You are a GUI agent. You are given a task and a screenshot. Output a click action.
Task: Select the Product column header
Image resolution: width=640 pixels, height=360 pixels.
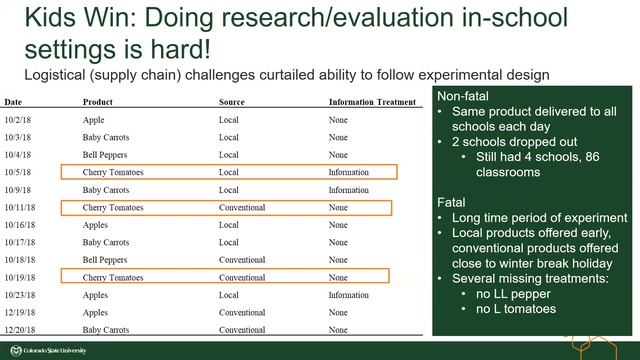[x=98, y=102]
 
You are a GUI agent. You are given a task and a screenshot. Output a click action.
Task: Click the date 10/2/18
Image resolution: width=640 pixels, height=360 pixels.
[x=17, y=120]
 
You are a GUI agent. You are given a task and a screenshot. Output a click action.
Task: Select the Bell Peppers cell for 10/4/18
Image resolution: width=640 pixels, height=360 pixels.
[x=104, y=155]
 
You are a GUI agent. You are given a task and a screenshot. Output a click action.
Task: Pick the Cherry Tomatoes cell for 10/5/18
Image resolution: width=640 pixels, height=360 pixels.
[x=113, y=172]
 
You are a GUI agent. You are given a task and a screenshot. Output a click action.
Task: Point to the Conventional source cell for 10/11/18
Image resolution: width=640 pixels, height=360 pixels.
[x=242, y=208]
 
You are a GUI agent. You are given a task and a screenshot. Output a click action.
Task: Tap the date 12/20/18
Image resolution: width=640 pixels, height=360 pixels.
[x=19, y=330]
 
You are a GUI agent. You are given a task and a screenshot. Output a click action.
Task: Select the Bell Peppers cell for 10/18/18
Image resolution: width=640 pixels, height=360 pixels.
[x=104, y=260]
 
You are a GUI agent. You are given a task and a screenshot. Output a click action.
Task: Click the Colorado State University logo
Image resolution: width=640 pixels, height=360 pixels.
[x=50, y=351]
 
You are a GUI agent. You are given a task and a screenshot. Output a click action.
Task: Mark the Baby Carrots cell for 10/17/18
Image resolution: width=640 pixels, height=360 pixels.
[x=105, y=242]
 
